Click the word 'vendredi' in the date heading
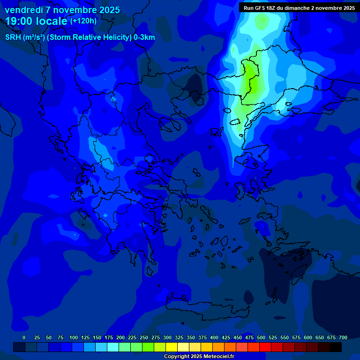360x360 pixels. click(22, 10)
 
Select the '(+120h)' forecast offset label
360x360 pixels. click(83, 21)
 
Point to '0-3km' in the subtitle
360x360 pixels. click(144, 37)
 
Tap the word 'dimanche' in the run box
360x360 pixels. click(296, 8)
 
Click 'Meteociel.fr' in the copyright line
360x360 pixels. click(216, 357)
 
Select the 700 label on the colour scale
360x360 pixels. click(343, 337)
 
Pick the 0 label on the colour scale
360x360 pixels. click(24, 337)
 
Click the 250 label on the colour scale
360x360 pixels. click(144, 337)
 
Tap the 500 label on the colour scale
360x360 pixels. click(261, 337)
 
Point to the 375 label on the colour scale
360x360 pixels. click(202, 337)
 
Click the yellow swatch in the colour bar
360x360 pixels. click(172, 347)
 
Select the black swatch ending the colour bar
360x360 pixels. click(336, 347)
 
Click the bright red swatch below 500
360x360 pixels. click(265, 347)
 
